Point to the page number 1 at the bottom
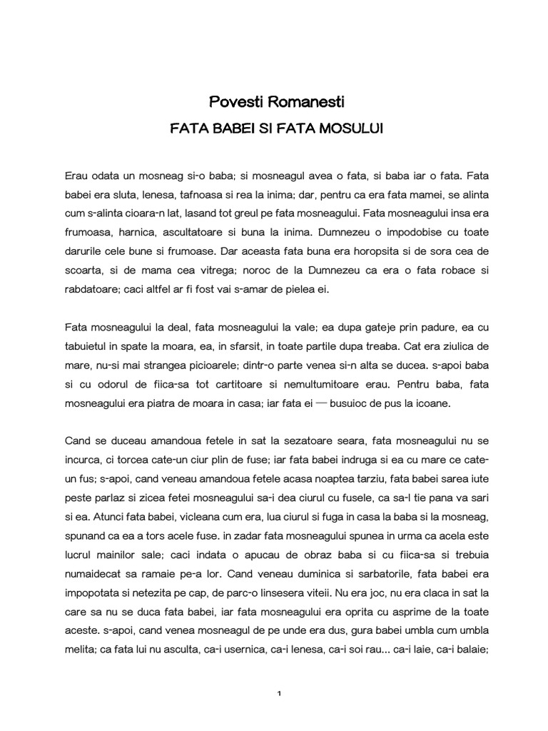pos(279,693)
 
